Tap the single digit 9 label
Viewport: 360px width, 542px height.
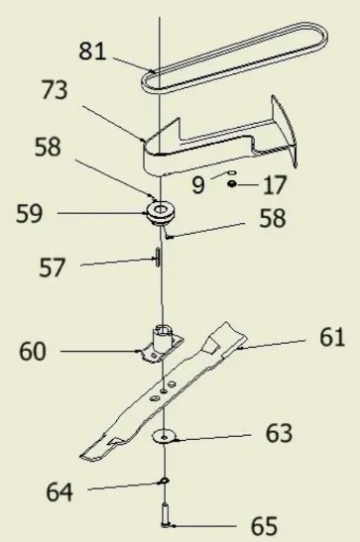pos(198,184)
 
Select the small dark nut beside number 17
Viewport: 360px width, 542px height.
pos(231,183)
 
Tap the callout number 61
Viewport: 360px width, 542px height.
pos(331,338)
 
